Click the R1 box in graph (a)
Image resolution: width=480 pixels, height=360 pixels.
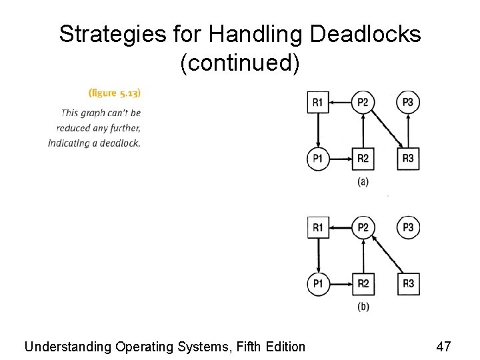[318, 103]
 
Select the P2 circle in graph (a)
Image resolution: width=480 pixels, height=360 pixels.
[363, 103]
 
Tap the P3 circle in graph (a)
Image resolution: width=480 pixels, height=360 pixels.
[408, 103]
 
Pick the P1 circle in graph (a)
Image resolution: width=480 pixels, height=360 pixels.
[318, 158]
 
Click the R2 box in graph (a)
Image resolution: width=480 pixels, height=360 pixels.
[363, 158]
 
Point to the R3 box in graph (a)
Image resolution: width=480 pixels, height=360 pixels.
[408, 158]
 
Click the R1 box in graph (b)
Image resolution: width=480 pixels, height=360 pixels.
[318, 228]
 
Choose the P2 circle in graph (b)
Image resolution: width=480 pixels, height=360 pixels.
[363, 228]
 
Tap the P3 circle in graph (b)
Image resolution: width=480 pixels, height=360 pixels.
[408, 228]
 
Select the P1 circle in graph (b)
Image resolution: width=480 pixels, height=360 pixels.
[318, 283]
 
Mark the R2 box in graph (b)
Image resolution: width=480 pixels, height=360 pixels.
[363, 283]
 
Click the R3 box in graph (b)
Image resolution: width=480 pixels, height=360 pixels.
[408, 283]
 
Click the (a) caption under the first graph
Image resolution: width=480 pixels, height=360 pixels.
[363, 181]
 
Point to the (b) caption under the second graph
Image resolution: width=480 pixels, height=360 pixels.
[363, 307]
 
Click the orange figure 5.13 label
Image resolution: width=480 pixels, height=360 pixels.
[114, 93]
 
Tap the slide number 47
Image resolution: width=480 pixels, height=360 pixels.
[443, 347]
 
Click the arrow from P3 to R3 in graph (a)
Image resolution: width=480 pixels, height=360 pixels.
[408, 130]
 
